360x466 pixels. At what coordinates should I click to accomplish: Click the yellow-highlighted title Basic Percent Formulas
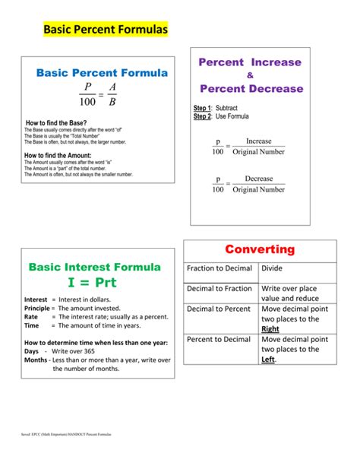coord(104,30)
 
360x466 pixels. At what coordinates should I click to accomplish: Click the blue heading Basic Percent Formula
coord(103,74)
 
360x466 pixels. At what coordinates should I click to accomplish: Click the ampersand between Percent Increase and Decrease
coord(250,75)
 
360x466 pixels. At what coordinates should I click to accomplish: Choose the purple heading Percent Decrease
coord(251,89)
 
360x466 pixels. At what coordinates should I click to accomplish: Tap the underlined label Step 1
coord(202,109)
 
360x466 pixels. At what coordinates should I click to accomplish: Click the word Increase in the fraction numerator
coord(258,141)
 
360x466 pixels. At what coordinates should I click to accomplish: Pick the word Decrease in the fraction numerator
coord(258,179)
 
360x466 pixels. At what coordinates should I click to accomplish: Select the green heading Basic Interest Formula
coord(94,267)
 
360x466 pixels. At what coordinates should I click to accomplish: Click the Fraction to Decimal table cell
coord(219,268)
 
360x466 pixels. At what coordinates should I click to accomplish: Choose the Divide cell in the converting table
coord(272,268)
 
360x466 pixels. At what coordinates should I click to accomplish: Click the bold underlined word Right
coord(270,329)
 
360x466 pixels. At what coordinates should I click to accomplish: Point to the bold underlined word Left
coord(268,360)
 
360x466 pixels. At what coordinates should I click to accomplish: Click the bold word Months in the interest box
coord(36,360)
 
